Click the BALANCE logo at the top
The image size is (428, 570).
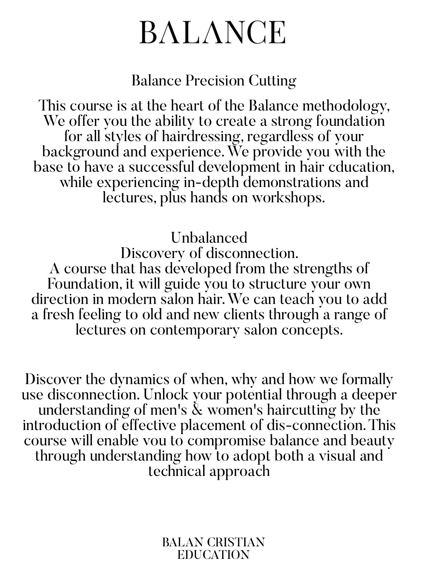point(212,33)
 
